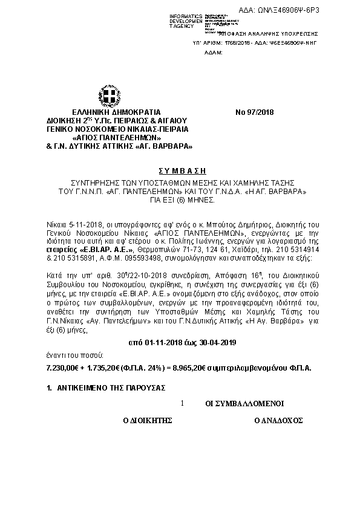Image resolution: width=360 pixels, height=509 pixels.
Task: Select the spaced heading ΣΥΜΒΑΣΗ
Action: [180, 171]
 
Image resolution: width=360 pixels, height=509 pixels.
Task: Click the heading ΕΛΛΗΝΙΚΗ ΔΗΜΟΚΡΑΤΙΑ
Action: [108, 112]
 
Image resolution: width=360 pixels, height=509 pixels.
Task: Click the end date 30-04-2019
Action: [214, 343]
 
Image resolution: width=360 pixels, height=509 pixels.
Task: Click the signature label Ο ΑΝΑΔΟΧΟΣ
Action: [278, 418]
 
